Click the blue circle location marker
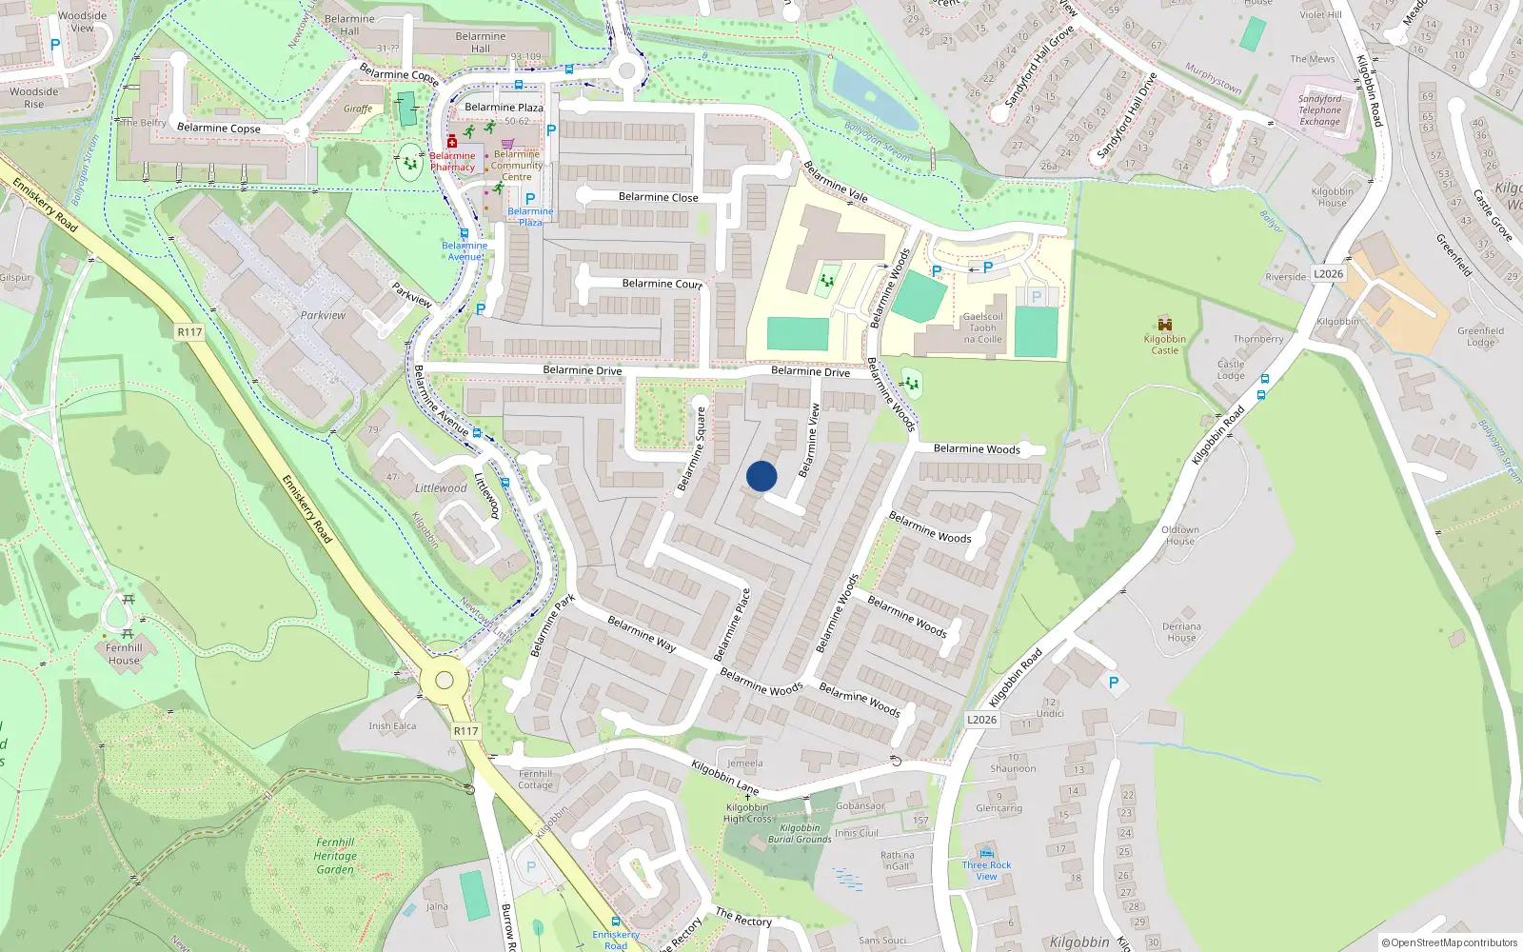click(761, 476)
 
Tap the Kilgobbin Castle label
click(1164, 345)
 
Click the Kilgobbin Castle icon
click(1164, 324)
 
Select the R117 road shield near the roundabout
click(465, 731)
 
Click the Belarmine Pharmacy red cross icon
click(452, 142)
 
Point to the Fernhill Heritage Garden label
click(335, 856)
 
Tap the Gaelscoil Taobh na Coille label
click(982, 327)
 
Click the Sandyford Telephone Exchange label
click(1319, 109)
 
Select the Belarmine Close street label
click(658, 197)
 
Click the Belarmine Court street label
click(662, 284)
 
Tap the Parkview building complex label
click(323, 315)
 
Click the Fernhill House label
click(124, 654)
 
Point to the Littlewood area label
click(441, 488)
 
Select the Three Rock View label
click(986, 870)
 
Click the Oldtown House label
click(1179, 535)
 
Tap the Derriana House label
click(1181, 632)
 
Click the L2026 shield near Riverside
click(1328, 274)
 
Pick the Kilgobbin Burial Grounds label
click(800, 834)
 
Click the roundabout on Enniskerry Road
click(444, 680)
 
